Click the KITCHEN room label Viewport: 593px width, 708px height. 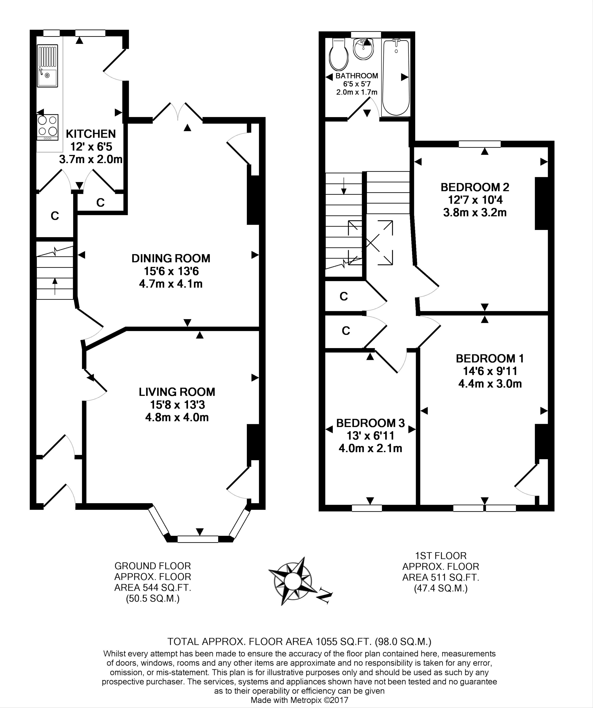pyautogui.click(x=91, y=134)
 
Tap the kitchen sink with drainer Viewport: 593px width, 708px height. pyautogui.click(x=47, y=66)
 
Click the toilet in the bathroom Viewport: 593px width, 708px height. pyautogui.click(x=339, y=54)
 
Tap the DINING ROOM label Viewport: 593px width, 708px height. pyautogui.click(x=171, y=258)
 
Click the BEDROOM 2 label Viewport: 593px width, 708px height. pyautogui.click(x=475, y=187)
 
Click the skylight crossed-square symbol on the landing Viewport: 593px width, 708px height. pyautogui.click(x=370, y=242)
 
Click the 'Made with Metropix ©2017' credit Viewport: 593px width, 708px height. pyautogui.click(x=299, y=700)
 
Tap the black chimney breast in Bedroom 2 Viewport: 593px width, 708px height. pyautogui.click(x=542, y=204)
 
